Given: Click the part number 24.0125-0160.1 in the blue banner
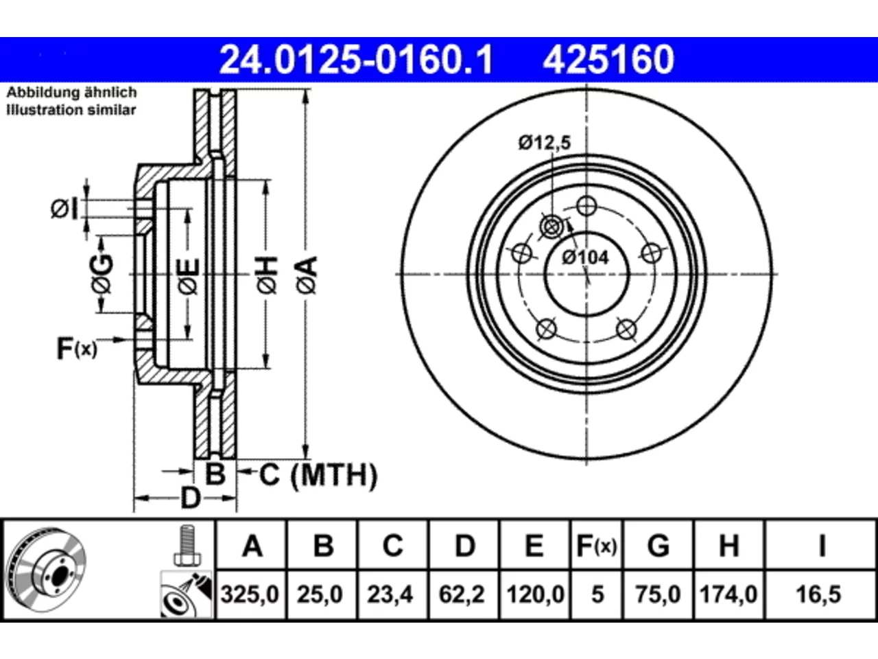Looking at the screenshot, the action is coord(356,60).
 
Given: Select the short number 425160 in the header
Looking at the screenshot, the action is coord(608,60).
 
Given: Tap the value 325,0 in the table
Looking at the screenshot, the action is coord(250,594).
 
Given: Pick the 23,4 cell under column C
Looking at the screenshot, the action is coord(390,594).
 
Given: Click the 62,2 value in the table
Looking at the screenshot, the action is coord(462,594).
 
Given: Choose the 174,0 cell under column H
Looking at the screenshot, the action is coord(728,594).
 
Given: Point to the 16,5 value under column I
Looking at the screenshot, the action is coord(819,594).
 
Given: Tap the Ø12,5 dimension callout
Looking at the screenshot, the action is coord(545,143).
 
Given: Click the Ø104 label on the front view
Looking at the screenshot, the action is coord(585,257).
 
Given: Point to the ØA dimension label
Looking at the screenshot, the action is coord(307,275).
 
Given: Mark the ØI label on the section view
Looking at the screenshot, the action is coord(64,209).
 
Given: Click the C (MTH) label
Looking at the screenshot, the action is coord(318,475).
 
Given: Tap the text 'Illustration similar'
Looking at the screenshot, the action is coord(71,110).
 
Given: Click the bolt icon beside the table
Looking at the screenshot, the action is coord(187,545).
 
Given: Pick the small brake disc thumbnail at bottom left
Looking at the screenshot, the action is coord(47,570).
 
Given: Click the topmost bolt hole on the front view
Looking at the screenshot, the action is coord(586,207).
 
